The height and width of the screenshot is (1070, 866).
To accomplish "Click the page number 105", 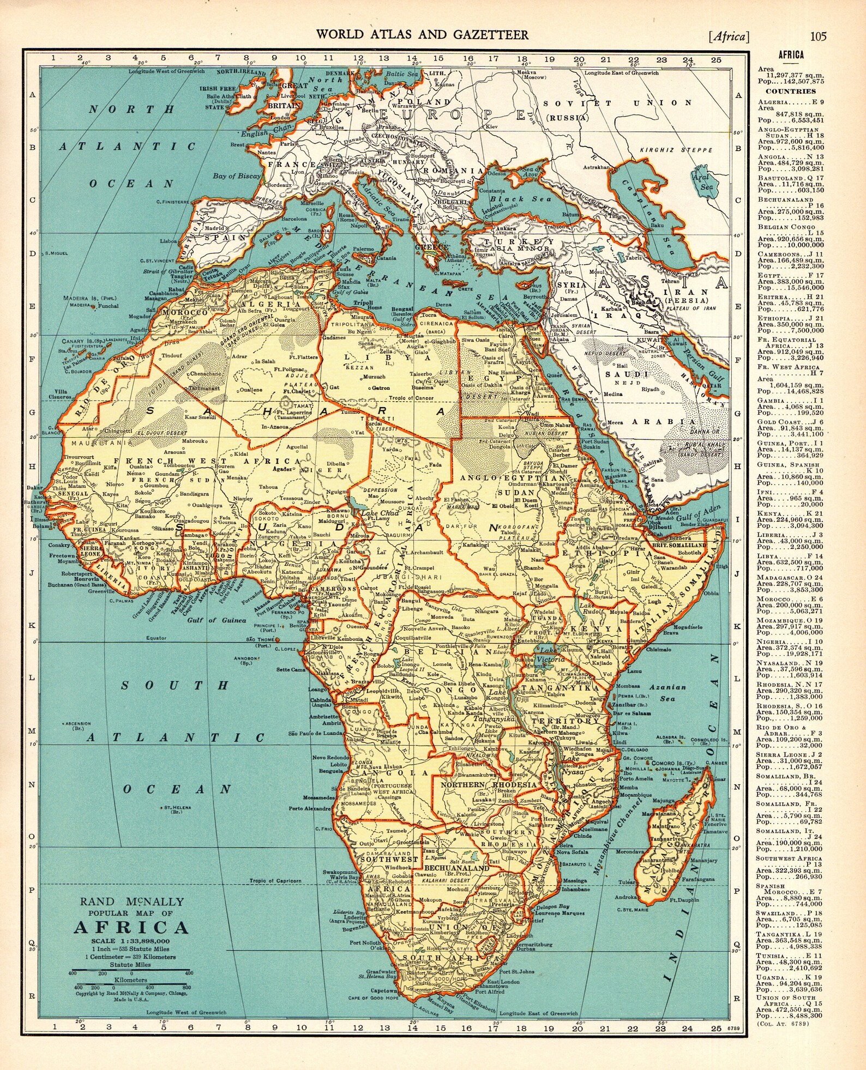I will coord(818,37).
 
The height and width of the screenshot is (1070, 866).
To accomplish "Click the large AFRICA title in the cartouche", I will coord(131,927).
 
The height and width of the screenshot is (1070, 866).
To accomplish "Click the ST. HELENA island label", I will coord(171,808).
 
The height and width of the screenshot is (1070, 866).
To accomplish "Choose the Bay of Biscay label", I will coord(237,176).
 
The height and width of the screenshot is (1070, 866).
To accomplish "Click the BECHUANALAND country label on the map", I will coord(456,867).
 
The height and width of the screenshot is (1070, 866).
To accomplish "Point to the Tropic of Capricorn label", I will coord(275,881).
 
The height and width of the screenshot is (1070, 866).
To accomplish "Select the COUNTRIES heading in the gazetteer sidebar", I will coord(790,91).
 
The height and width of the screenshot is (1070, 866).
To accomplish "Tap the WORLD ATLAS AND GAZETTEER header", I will coord(422,35).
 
